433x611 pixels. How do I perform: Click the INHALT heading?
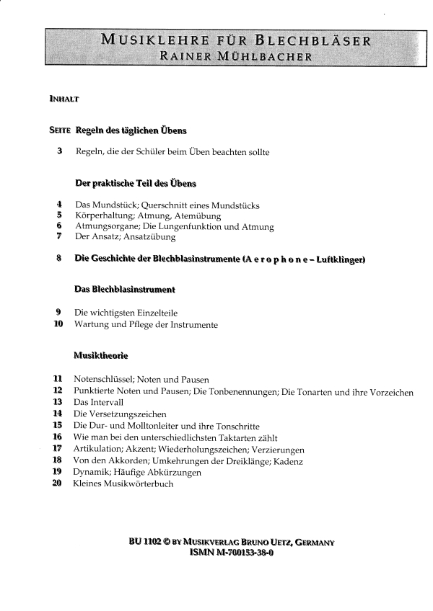pyautogui.click(x=64, y=99)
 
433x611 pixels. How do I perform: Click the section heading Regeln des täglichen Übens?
pyautogui.click(x=131, y=130)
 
